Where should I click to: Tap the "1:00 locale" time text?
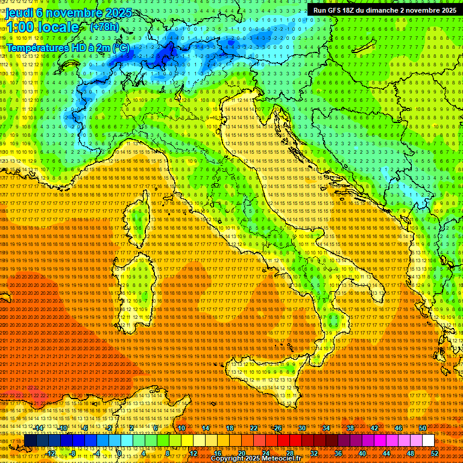[x=42, y=27]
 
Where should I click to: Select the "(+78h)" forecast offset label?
[x=104, y=27]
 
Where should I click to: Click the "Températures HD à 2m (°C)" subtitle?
[x=68, y=47]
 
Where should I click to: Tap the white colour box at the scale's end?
[x=428, y=441]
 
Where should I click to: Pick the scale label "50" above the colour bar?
[x=422, y=428]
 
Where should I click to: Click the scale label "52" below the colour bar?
[x=434, y=453]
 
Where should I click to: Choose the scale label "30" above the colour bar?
[x=302, y=428]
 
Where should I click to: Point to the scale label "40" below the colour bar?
[x=362, y=453]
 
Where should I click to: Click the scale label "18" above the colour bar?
[x=230, y=428]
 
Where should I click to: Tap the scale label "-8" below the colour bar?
[x=73, y=453]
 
